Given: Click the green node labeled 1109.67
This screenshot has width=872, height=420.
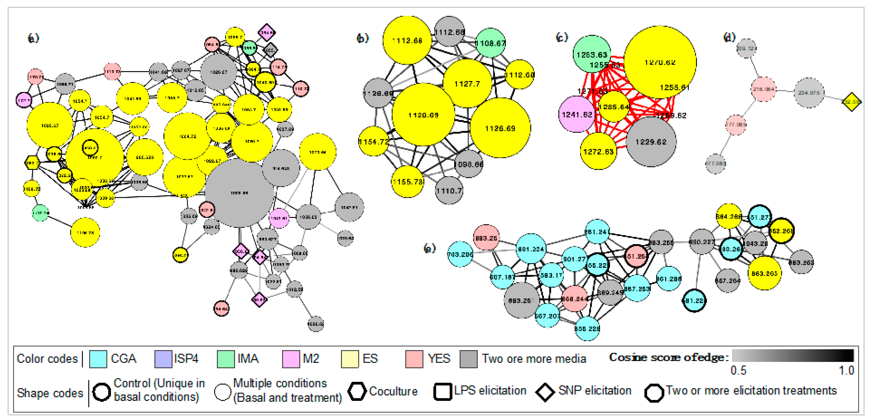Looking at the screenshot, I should [x=490, y=43].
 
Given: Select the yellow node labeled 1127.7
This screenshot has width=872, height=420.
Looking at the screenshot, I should [x=467, y=84].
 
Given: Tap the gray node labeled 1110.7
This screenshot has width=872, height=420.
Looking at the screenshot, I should [x=449, y=190].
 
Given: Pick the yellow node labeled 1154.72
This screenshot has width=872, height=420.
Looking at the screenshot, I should [x=374, y=142].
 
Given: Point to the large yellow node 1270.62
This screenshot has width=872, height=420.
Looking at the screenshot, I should [x=660, y=62].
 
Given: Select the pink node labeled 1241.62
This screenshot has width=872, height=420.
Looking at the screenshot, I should [x=577, y=114].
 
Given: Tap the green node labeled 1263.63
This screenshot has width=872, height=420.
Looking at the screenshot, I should [x=592, y=54].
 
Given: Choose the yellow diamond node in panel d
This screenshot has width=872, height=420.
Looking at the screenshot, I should [x=851, y=101].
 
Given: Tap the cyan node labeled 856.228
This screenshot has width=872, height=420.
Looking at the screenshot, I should [x=587, y=328].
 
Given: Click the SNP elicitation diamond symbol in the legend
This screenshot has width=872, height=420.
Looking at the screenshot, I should [x=545, y=392].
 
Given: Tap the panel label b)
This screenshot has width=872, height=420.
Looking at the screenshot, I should [x=362, y=38].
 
